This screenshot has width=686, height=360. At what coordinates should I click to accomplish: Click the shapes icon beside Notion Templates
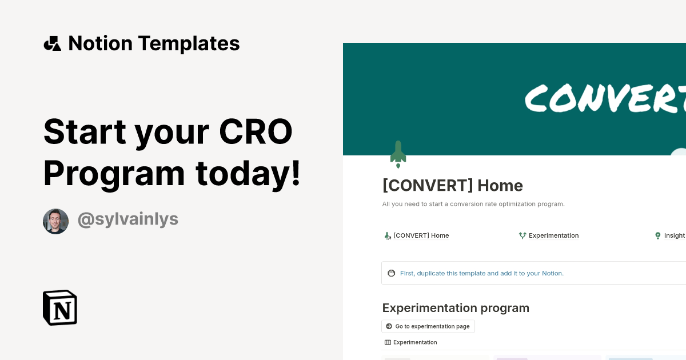click(53, 43)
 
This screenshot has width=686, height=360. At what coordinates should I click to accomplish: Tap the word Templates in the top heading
click(189, 43)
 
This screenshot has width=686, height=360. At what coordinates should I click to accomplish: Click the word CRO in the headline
click(256, 131)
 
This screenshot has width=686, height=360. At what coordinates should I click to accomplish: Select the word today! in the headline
click(248, 174)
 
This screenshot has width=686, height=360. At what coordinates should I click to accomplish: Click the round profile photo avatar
click(56, 221)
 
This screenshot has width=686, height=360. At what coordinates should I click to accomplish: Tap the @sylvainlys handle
click(128, 219)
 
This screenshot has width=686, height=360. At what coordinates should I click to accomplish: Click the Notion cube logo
click(60, 307)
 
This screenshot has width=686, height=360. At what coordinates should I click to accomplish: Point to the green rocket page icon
click(398, 154)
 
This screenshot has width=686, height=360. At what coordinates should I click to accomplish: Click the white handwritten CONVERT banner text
click(605, 98)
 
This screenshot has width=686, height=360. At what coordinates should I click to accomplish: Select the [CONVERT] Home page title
click(453, 186)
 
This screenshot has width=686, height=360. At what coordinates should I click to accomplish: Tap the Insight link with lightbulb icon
click(670, 235)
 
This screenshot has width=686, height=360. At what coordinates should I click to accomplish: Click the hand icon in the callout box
click(392, 273)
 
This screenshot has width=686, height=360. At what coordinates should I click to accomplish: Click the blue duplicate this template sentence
click(482, 273)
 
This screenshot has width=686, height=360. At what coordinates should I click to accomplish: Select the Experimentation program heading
click(456, 308)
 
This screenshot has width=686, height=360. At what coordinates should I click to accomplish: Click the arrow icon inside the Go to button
click(389, 326)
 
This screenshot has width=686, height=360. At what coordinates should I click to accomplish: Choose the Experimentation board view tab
click(410, 342)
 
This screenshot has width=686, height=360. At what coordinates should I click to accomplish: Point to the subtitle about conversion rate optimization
click(473, 204)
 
